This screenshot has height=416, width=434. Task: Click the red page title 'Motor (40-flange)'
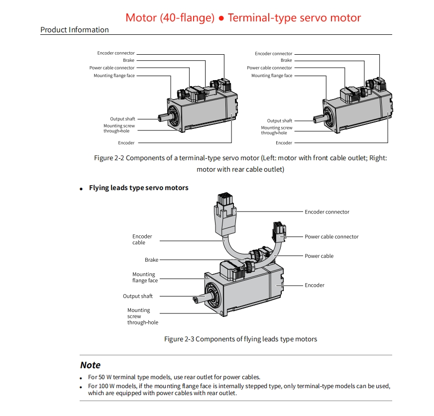pyautogui.click(x=170, y=18)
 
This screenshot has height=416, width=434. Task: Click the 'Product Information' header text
pyautogui.click(x=75, y=30)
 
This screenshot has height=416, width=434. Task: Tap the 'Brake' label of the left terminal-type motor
pyautogui.click(x=129, y=61)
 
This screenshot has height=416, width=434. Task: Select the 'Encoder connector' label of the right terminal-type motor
pyautogui.click(x=274, y=54)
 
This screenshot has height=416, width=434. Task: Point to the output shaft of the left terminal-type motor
pyautogui.click(x=162, y=118)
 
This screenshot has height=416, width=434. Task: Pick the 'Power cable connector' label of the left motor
pyautogui.click(x=112, y=68)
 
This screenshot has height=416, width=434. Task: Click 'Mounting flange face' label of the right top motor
pyautogui.click(x=272, y=76)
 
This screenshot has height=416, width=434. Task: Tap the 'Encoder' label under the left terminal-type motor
pyautogui.click(x=126, y=143)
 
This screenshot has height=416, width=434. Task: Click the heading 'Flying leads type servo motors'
pyautogui.click(x=139, y=188)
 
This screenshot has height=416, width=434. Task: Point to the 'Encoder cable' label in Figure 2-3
pyautogui.click(x=142, y=239)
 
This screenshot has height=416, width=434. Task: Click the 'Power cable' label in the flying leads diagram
pyautogui.click(x=319, y=256)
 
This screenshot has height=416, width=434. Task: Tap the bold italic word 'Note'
pyautogui.click(x=91, y=365)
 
